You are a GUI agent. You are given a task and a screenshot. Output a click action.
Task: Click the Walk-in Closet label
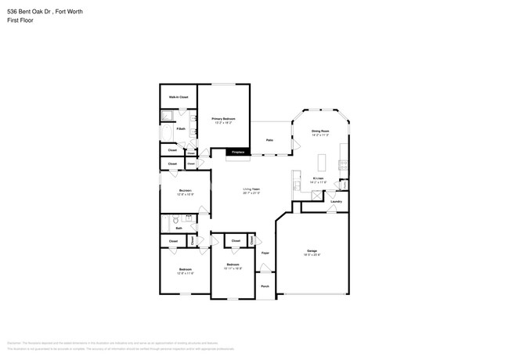[x=179, y=97]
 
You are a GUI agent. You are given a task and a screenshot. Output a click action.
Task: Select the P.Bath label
[x=179, y=128]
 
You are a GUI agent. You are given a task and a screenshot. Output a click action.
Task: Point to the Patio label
[x=269, y=140]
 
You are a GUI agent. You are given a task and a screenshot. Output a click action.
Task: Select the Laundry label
[x=336, y=201]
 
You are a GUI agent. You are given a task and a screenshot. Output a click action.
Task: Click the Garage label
[x=312, y=250]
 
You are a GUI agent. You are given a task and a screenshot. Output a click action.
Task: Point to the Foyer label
[x=265, y=253]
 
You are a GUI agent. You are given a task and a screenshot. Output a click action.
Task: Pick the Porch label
[x=265, y=286]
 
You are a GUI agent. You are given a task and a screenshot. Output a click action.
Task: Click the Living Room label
[x=251, y=189]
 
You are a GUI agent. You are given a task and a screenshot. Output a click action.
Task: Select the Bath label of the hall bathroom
[x=179, y=229]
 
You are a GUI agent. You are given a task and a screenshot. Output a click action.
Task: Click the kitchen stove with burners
[x=341, y=164]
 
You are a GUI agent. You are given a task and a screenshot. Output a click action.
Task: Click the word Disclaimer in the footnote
[x=14, y=343]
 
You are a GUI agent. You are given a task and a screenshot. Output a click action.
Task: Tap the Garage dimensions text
[x=312, y=255]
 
